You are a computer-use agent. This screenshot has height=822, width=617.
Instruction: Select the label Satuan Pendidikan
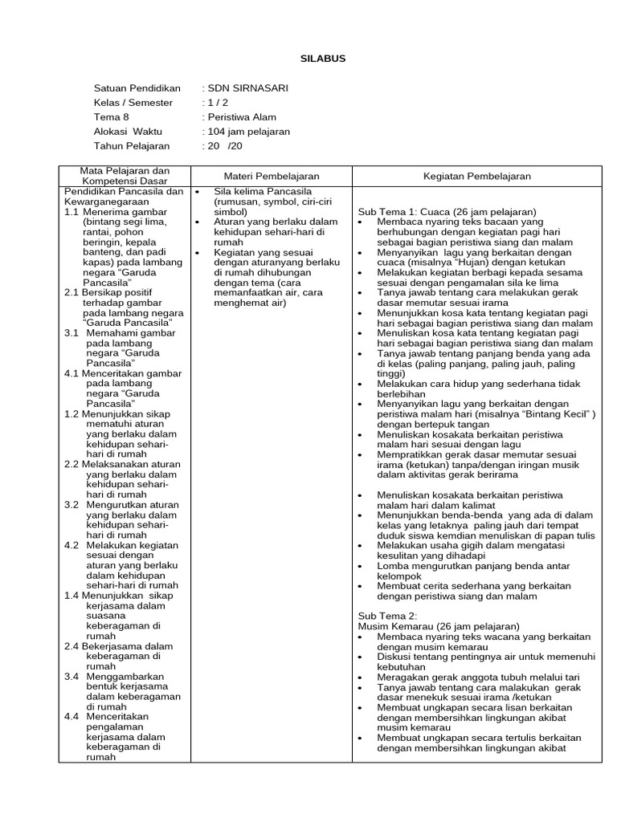(x=137, y=87)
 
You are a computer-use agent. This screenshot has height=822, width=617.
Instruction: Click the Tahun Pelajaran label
(x=132, y=145)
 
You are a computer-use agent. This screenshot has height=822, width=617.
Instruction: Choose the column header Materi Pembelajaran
(x=271, y=176)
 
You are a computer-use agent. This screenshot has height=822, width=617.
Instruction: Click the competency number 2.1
(x=72, y=293)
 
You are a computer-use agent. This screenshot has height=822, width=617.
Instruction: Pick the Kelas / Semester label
(x=133, y=102)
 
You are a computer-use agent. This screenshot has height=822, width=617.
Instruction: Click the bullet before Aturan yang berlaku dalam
(x=197, y=222)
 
